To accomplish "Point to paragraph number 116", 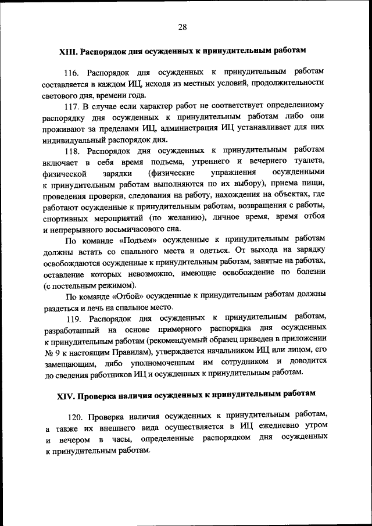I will coord(71,72).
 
